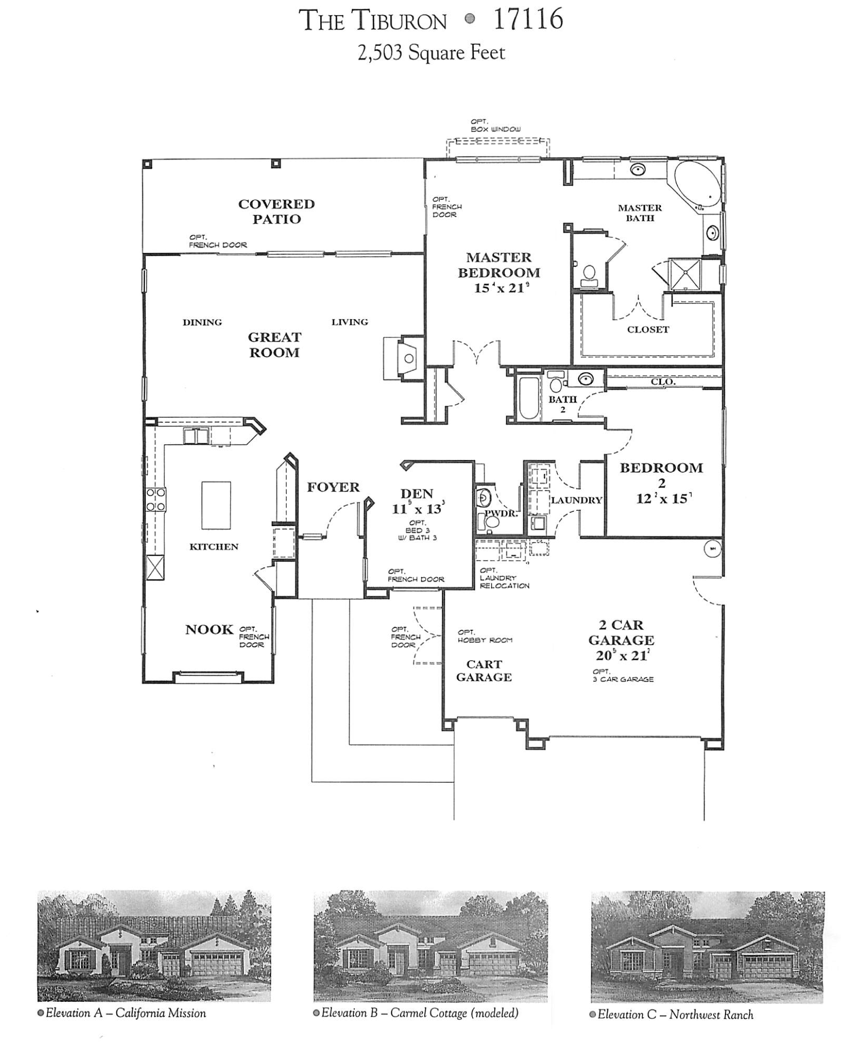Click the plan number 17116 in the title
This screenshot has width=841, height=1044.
coord(528,20)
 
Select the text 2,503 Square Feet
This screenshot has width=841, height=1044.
coord(431,53)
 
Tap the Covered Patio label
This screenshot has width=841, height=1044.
coord(276,211)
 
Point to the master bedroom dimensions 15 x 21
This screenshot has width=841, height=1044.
coord(498,288)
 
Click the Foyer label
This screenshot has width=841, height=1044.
coord(333,487)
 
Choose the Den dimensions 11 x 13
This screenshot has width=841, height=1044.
coord(418,508)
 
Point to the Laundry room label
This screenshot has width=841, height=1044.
coord(576,500)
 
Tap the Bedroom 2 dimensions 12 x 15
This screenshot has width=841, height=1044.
coord(663,499)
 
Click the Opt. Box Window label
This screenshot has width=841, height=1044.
coord(495,126)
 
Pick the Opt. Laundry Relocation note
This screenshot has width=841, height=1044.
coord(504,578)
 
